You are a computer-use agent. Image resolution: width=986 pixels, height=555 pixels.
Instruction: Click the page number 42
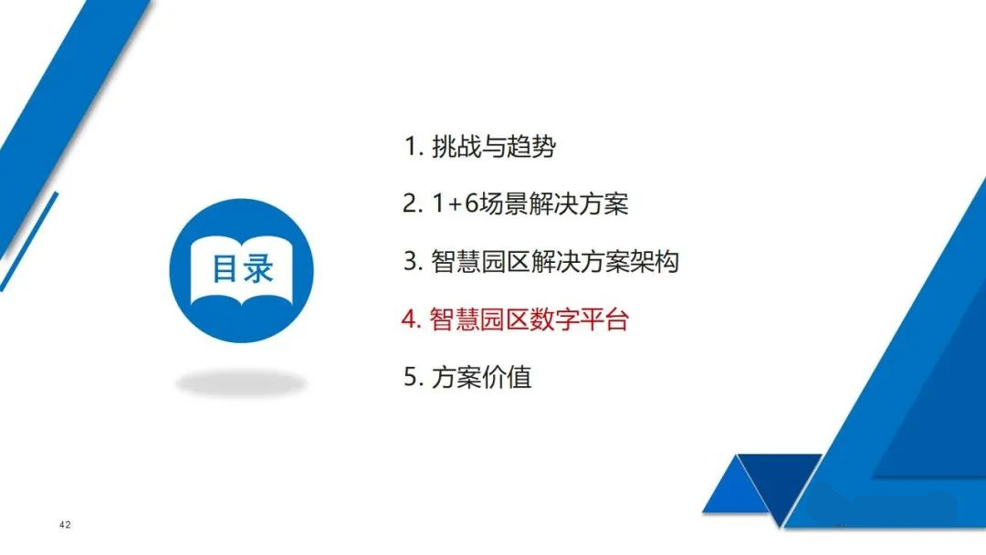pos(65,525)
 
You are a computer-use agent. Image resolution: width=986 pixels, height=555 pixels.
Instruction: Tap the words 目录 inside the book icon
pos(242,269)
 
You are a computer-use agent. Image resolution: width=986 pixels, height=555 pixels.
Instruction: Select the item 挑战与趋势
pos(494,147)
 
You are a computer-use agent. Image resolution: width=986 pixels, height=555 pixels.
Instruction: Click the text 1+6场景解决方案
pos(530,204)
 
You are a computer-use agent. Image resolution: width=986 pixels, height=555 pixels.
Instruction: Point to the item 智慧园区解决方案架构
pos(555,261)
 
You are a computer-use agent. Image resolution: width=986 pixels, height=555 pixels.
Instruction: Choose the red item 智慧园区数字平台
pos(530,319)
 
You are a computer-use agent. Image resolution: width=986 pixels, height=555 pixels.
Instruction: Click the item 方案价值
pos(482,377)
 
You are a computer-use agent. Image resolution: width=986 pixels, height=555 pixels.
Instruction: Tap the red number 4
pos(410,319)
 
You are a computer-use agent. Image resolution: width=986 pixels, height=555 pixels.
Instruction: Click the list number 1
pos(412,147)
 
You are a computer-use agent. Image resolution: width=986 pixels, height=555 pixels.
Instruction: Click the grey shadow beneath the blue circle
pos(241,383)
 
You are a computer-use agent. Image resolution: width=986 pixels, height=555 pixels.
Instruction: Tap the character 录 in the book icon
pos(258,269)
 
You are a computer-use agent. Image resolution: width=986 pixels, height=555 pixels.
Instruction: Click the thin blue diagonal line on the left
pos(29,242)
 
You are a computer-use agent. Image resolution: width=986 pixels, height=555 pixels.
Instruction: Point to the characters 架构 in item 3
pos(655,261)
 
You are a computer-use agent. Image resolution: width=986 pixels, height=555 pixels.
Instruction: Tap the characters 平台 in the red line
pos(604,319)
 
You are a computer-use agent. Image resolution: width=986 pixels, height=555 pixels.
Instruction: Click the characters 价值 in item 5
pos(507,377)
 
